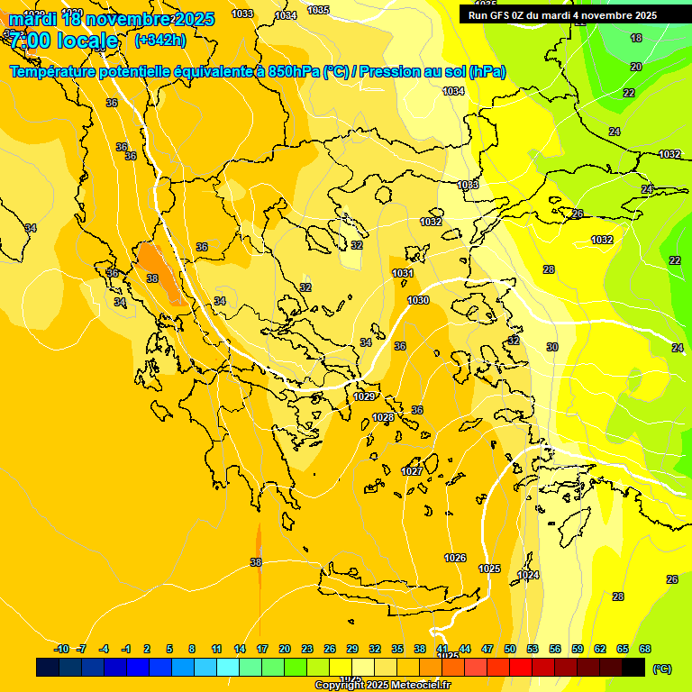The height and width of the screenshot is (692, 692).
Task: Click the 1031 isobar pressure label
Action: pyautogui.click(x=403, y=273)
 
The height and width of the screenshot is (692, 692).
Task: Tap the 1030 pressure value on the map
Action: pyautogui.click(x=418, y=300)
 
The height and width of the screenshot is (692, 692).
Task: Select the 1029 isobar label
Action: pyautogui.click(x=364, y=396)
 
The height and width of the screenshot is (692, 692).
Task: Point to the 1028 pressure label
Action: pyautogui.click(x=383, y=417)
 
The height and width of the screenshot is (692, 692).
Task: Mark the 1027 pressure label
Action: pyautogui.click(x=412, y=471)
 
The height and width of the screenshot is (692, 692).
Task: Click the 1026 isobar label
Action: pyautogui.click(x=455, y=558)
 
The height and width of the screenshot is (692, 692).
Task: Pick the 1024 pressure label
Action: pyautogui.click(x=528, y=575)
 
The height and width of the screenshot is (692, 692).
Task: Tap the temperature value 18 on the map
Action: pyautogui.click(x=636, y=38)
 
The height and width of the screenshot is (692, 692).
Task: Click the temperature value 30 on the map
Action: pyautogui.click(x=552, y=347)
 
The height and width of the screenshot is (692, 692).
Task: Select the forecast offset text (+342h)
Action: pyautogui.click(x=160, y=41)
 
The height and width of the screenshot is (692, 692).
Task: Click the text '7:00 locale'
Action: pyautogui.click(x=65, y=41)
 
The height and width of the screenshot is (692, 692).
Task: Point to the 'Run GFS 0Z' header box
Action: pyautogui.click(x=562, y=15)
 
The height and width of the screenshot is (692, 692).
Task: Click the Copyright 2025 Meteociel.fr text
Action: pyautogui.click(x=383, y=685)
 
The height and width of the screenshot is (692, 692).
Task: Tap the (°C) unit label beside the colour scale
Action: pyautogui.click(x=661, y=669)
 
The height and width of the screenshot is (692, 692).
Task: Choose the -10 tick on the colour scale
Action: pyautogui.click(x=61, y=649)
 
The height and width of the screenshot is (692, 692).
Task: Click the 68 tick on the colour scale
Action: pyautogui.click(x=645, y=649)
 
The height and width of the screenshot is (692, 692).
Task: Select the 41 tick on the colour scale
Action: pyautogui.click(x=442, y=649)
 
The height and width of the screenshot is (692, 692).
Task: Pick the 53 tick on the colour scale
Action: pyautogui.click(x=533, y=649)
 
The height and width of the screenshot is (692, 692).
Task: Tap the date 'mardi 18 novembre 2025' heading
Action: pyautogui.click(x=112, y=19)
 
